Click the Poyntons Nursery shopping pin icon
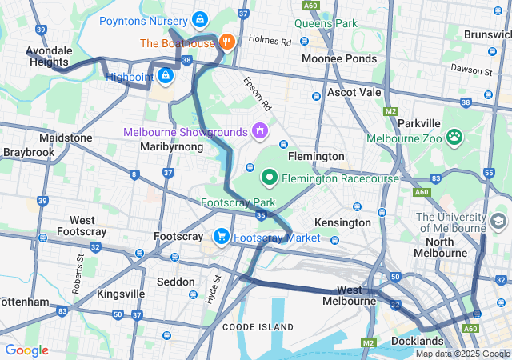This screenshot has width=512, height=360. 200,18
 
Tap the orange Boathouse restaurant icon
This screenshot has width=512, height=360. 227,42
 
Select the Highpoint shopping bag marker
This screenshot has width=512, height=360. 165,76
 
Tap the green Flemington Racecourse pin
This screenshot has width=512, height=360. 270,178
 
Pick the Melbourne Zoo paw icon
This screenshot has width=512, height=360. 455,138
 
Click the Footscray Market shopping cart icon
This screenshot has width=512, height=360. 220,237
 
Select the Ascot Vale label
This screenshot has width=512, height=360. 354,93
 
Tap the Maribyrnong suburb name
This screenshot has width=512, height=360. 167,147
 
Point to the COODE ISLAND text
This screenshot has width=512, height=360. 258,326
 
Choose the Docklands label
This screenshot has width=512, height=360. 418,342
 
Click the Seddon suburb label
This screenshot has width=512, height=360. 175,282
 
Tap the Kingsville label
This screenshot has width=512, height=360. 121,294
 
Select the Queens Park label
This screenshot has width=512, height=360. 326,23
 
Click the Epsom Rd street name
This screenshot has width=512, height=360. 258,94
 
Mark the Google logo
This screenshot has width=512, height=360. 26,350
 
